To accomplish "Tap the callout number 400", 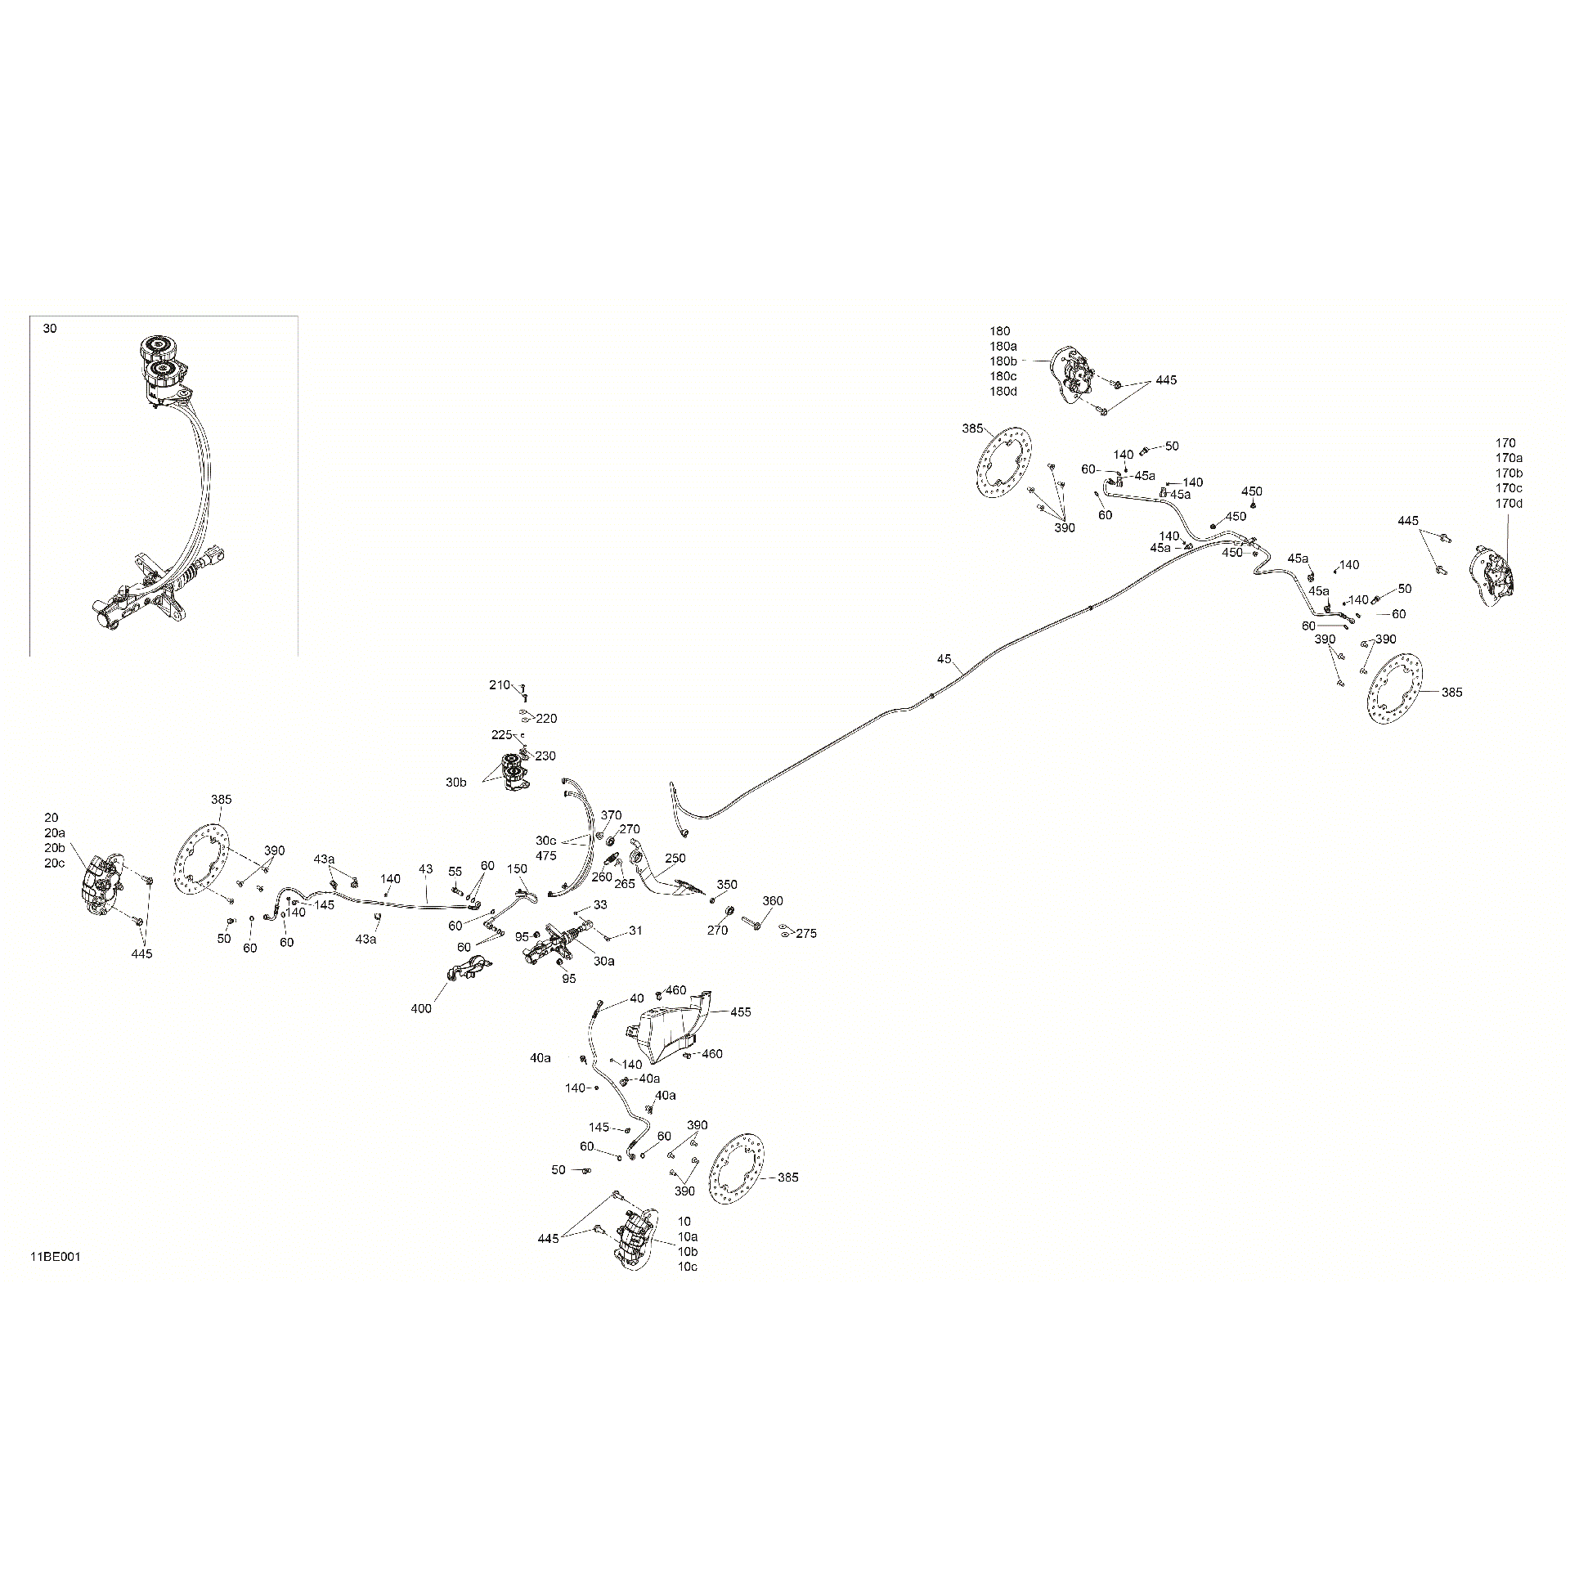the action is (421, 1008).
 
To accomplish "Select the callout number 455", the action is (741, 1012).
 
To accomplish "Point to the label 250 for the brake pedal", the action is (675, 859).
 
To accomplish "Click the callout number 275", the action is (806, 933).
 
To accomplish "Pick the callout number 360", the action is (773, 900).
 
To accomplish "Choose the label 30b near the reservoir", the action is (456, 783).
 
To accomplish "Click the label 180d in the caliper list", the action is (1003, 391).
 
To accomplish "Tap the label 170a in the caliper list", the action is (1509, 458).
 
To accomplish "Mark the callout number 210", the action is (500, 685).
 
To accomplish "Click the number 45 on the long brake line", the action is (944, 659).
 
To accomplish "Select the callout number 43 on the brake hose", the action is (425, 868).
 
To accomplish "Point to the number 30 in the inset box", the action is (50, 329).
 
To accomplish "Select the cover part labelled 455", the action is (669, 1027).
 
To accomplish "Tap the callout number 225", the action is (501, 734).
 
